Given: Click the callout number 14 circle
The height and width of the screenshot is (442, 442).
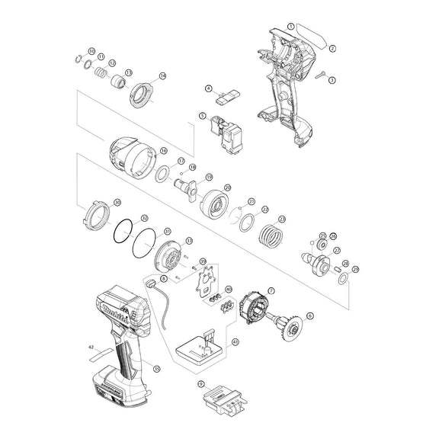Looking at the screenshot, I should pyautogui.click(x=162, y=77).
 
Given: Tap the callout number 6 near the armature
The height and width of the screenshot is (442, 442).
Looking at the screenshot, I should pyautogui.click(x=309, y=315).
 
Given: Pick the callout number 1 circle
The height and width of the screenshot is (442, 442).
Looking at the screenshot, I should pyautogui.click(x=290, y=26).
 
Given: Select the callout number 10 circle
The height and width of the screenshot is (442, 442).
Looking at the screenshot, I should pyautogui.click(x=91, y=51).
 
